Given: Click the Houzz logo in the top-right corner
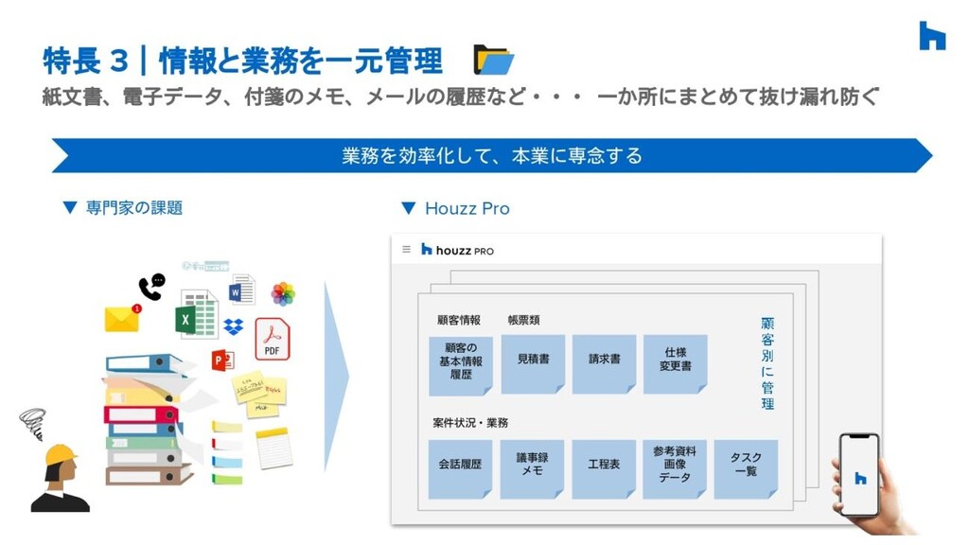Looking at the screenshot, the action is point(932,36).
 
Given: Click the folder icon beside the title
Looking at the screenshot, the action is point(493,60).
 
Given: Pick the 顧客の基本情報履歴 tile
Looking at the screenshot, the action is point(461,364).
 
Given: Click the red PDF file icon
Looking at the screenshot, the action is point(273,339).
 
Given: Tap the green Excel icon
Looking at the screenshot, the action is point(196,315).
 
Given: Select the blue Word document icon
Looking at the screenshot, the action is point(242,289).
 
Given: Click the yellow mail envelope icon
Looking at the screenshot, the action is point(122,319).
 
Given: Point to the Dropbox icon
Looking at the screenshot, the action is point(234,326).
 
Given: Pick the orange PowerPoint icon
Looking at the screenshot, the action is point(222,360).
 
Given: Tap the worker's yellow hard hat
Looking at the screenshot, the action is point(60,455).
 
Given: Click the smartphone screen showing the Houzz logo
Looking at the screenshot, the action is point(859,476).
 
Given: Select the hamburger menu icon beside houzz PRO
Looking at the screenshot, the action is point(406,250).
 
